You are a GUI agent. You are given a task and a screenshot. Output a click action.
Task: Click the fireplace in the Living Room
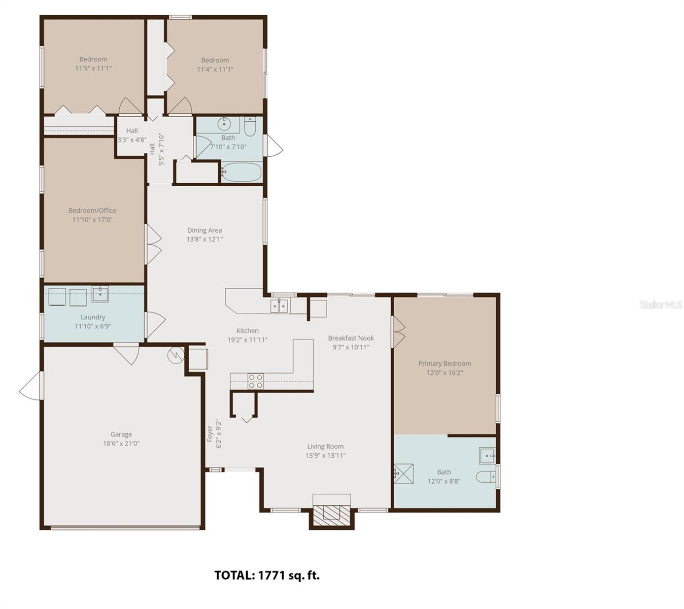331,515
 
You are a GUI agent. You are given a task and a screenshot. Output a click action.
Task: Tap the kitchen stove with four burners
255,381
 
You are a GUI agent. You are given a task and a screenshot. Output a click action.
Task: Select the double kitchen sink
279,306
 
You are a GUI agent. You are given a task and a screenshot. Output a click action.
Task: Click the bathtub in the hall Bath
242,172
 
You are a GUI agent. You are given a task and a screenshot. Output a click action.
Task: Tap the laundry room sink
100,294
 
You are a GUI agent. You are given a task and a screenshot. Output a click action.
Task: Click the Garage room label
121,434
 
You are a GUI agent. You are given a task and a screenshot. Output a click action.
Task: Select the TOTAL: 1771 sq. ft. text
267,575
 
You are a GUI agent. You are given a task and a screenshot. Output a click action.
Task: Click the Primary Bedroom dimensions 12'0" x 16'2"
444,373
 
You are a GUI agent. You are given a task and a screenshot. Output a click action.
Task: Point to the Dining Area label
204,230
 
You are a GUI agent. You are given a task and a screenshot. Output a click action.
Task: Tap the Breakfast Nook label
351,338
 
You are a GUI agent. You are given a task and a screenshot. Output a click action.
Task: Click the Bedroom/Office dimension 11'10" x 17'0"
92,220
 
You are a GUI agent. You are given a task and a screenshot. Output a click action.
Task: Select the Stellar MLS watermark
660,304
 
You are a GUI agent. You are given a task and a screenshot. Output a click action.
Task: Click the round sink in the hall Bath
224,124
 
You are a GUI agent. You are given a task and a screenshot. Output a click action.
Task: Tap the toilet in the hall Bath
250,127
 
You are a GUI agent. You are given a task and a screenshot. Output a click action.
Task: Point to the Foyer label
210,434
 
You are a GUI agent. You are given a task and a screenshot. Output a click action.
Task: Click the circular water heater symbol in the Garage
176,354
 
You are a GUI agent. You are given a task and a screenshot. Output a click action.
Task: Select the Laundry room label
93,317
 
